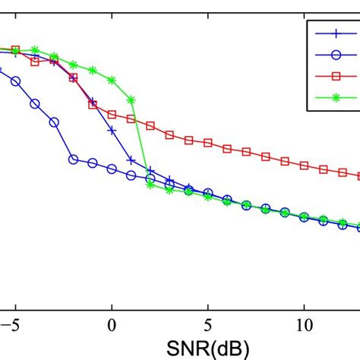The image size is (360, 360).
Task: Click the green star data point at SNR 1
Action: point(131,99)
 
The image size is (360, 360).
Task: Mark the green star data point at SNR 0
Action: point(112,80)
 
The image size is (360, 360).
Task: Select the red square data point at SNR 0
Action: point(112,115)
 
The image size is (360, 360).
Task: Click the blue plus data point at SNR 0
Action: point(112,131)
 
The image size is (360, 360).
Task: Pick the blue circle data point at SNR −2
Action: point(73,159)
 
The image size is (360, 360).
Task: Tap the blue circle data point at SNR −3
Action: point(54,122)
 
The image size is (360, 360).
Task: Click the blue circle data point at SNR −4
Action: point(35,103)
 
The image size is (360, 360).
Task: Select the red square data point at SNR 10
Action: point(304,165)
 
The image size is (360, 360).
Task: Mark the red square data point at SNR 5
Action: point(208,144)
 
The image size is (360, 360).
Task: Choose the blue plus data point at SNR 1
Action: point(131,160)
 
